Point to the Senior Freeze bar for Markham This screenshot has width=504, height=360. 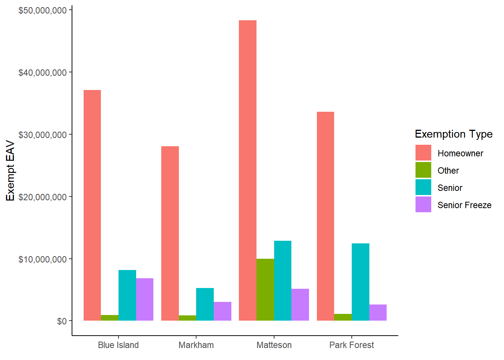[222, 311]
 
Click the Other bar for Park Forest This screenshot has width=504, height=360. [343, 317]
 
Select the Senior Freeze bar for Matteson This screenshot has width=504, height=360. [300, 304]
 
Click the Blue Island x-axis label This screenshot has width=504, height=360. [118, 345]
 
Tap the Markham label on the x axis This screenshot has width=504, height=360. [196, 345]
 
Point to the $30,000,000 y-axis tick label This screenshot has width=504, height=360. [42, 135]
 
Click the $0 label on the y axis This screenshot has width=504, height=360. [62, 321]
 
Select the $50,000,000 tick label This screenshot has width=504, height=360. [42, 10]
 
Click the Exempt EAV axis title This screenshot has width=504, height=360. [10, 171]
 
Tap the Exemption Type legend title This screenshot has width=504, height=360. [453, 134]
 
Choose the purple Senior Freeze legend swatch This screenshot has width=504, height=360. [423, 205]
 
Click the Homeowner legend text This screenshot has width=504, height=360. [460, 153]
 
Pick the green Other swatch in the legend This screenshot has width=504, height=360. [423, 170]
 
